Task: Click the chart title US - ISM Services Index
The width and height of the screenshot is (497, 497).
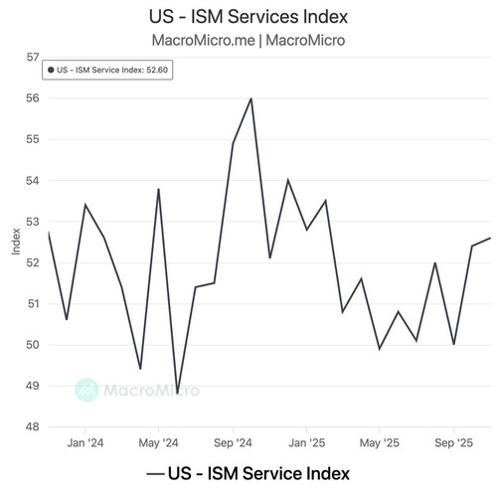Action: (248, 17)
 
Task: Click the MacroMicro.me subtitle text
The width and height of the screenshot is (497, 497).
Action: (204, 41)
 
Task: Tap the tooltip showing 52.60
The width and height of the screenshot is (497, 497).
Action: (107, 70)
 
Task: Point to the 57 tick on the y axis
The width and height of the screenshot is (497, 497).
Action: (33, 58)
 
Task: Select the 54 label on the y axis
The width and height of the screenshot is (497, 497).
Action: (33, 181)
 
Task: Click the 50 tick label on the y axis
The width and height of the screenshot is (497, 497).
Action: (33, 345)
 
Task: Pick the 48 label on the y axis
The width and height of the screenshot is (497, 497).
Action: (33, 426)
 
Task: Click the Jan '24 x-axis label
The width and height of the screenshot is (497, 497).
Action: (85, 443)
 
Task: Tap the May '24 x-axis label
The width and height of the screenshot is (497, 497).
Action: (158, 443)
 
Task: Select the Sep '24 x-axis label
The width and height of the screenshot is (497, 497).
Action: (233, 443)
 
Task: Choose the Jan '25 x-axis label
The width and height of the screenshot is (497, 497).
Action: (306, 443)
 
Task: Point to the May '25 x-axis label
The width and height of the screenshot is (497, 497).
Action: (380, 443)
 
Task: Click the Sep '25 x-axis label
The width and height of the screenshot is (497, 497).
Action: (453, 443)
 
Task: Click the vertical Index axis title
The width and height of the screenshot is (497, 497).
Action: (16, 242)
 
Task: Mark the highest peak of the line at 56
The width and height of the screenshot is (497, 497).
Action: (251, 98)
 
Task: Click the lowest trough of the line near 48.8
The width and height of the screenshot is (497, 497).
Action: (177, 394)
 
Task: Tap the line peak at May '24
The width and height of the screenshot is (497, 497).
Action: (159, 189)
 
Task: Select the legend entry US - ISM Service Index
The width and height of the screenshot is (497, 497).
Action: (248, 473)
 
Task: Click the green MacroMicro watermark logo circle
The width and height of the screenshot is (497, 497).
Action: (86, 390)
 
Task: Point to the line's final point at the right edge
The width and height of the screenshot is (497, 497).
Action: (490, 238)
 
